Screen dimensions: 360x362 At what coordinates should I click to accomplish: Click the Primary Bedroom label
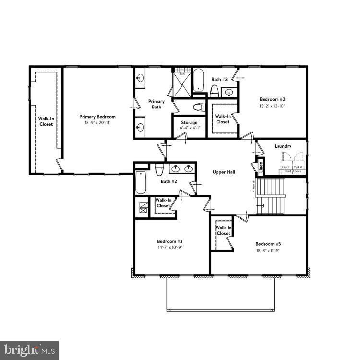click(x=97, y=117)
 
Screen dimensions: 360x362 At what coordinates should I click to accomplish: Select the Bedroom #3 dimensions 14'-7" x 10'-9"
click(x=169, y=248)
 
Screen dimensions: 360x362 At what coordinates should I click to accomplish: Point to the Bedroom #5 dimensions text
click(x=268, y=250)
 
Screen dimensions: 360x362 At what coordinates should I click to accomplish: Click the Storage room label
click(x=189, y=123)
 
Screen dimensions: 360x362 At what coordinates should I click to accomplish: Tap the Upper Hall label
click(x=223, y=171)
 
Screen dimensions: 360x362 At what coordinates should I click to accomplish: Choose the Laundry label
click(x=283, y=146)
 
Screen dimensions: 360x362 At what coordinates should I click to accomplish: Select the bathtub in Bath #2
click(x=141, y=183)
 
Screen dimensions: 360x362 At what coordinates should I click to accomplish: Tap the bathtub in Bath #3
click(x=199, y=81)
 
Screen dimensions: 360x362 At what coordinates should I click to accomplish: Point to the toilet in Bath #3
click(x=214, y=90)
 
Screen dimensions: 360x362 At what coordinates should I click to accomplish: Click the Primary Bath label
click(x=156, y=104)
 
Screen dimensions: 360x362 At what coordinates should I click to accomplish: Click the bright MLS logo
click(x=29, y=349)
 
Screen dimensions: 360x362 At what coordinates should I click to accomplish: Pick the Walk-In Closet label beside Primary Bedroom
click(x=46, y=121)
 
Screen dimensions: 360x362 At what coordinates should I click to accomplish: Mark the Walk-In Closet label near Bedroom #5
click(x=223, y=230)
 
